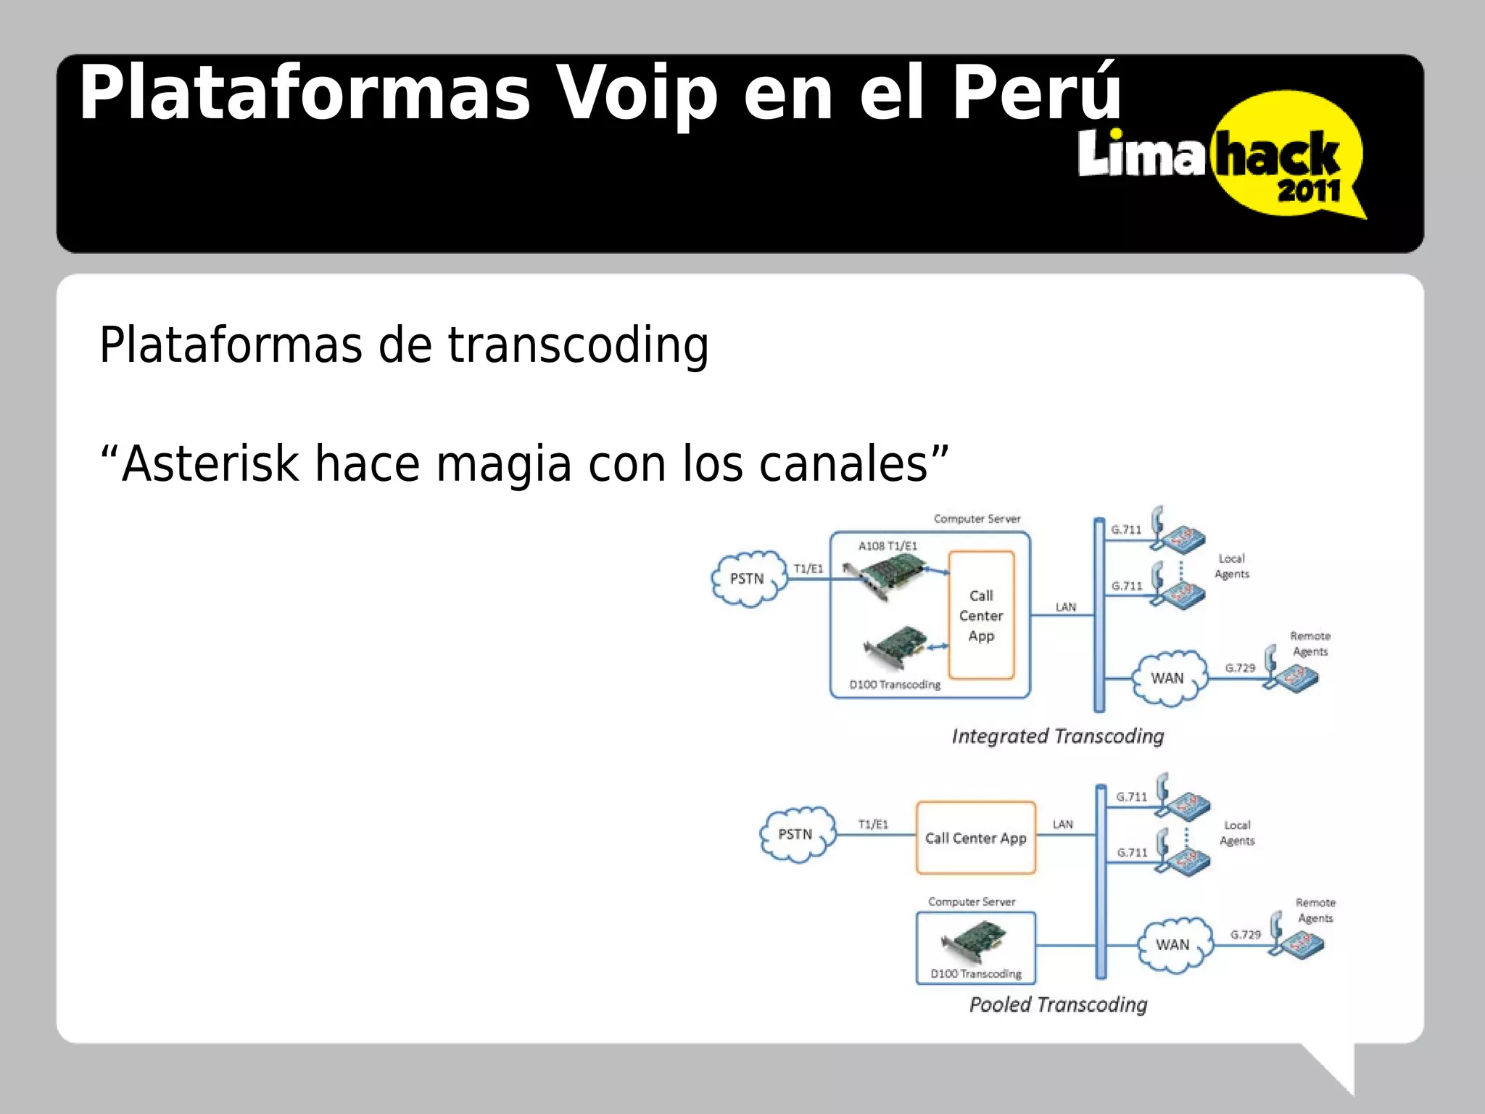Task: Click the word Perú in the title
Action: coord(1037,94)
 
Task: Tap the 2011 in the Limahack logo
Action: coord(1309,191)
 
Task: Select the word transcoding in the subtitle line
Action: coord(578,345)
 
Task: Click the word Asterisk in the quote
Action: coord(210,464)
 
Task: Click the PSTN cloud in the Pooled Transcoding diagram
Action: coord(796,835)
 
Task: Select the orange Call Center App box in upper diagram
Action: coord(981,616)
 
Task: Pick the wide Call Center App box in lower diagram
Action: coord(976,838)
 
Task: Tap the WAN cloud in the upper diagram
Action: coord(1168,678)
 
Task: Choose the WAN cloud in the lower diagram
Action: coord(1173,945)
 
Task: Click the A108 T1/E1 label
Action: coord(888,546)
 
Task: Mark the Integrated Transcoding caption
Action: coord(1057,737)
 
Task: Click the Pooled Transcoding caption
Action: coord(1058,1005)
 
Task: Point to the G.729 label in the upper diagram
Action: coord(1240,668)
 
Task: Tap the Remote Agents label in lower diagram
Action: coord(1315,910)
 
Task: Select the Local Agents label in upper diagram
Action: coord(1232,566)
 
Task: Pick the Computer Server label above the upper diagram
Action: coord(977,519)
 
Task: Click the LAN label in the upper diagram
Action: coord(1065,607)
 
